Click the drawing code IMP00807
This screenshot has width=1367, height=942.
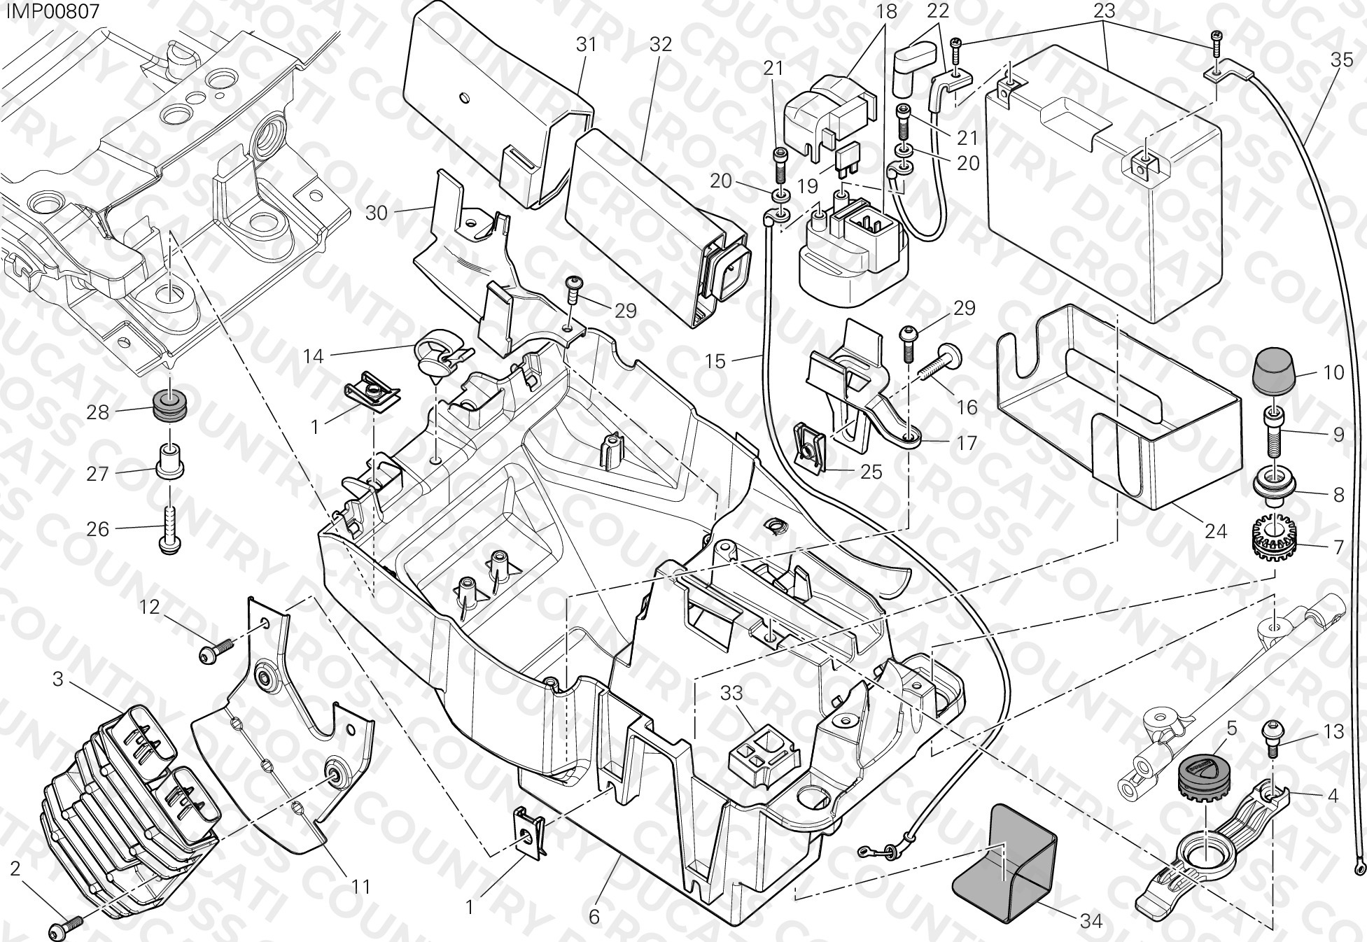tap(50, 11)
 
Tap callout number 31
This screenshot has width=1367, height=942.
tap(587, 44)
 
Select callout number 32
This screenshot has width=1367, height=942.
tap(660, 44)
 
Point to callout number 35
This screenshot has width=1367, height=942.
tap(1342, 60)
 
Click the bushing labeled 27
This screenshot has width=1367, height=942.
tap(169, 462)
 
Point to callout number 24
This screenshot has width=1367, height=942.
tap(1216, 531)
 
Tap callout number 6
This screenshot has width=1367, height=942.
tap(594, 916)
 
